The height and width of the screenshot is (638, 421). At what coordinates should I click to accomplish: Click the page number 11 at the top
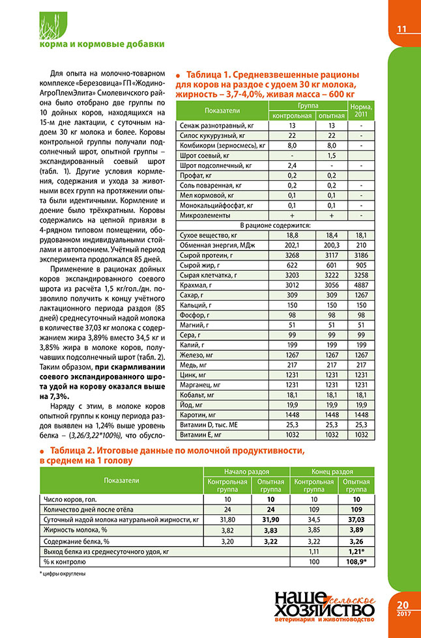coord(401,29)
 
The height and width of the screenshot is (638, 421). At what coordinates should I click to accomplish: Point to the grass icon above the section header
coord(31,27)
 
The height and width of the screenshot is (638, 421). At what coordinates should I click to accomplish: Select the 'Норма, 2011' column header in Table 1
coord(362,110)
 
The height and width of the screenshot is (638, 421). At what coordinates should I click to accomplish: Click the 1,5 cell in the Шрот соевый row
coord(331,154)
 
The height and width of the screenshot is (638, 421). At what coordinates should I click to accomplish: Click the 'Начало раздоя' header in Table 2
coord(247,471)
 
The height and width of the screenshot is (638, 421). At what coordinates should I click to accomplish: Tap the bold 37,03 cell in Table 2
coord(356,520)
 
